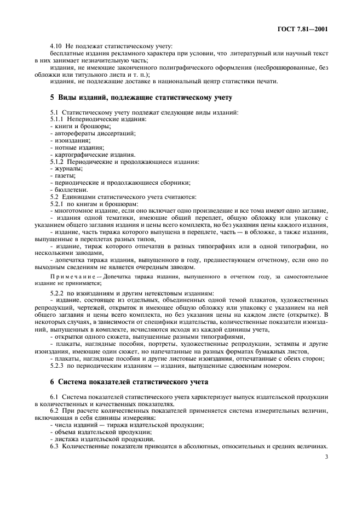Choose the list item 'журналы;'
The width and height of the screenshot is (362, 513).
click(67, 169)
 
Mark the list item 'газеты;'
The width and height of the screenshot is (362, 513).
click(64, 176)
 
